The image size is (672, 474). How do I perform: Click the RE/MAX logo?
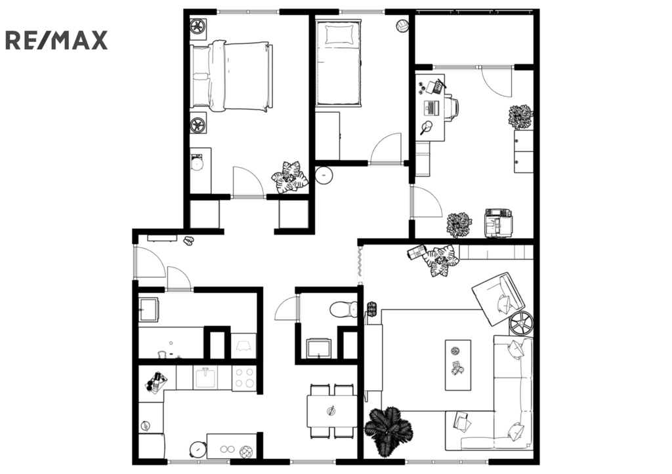tap(56, 41)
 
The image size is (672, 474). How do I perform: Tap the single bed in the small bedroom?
tap(338, 64)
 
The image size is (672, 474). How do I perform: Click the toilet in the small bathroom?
tap(344, 309)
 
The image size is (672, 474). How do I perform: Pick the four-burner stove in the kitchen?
tap(244, 378)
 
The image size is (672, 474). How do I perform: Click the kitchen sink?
tap(205, 377)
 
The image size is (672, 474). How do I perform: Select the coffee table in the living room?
tap(457, 365)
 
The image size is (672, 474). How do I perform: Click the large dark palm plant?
tap(388, 430)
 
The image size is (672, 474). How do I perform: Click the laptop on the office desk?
tap(432, 108)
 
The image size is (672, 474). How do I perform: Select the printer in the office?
tap(498, 222)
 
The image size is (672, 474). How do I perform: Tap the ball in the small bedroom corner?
tap(402, 26)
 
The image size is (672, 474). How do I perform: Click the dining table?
tap(331, 411)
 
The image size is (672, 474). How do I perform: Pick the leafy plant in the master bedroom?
tap(289, 177)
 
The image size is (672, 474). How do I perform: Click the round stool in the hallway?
tap(324, 175)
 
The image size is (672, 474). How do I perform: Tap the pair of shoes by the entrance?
tap(188, 241)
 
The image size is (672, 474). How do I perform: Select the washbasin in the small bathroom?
tap(318, 348)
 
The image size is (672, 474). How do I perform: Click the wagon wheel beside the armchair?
tap(522, 323)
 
